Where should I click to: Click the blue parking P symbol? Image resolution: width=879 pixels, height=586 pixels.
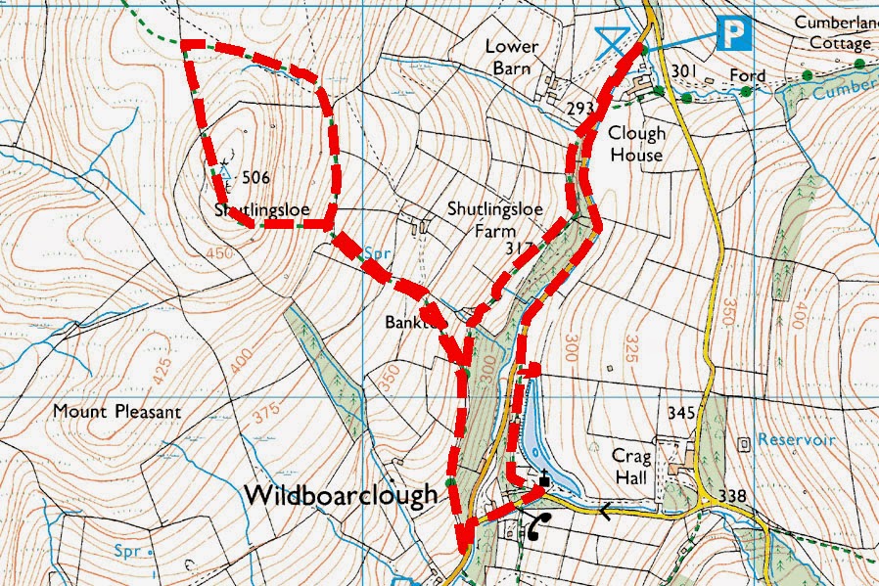click(x=733, y=34)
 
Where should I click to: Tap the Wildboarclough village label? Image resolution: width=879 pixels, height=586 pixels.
click(x=340, y=495)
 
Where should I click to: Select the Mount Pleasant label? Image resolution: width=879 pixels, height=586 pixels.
click(x=117, y=412)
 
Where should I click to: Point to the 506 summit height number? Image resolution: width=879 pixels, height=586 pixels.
click(x=254, y=177)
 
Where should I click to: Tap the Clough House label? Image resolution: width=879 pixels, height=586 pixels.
click(x=636, y=144)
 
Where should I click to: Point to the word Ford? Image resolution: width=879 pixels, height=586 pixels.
click(x=748, y=75)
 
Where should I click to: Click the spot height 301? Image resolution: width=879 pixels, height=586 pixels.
click(x=684, y=70)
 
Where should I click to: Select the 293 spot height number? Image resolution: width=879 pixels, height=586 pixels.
click(x=580, y=108)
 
